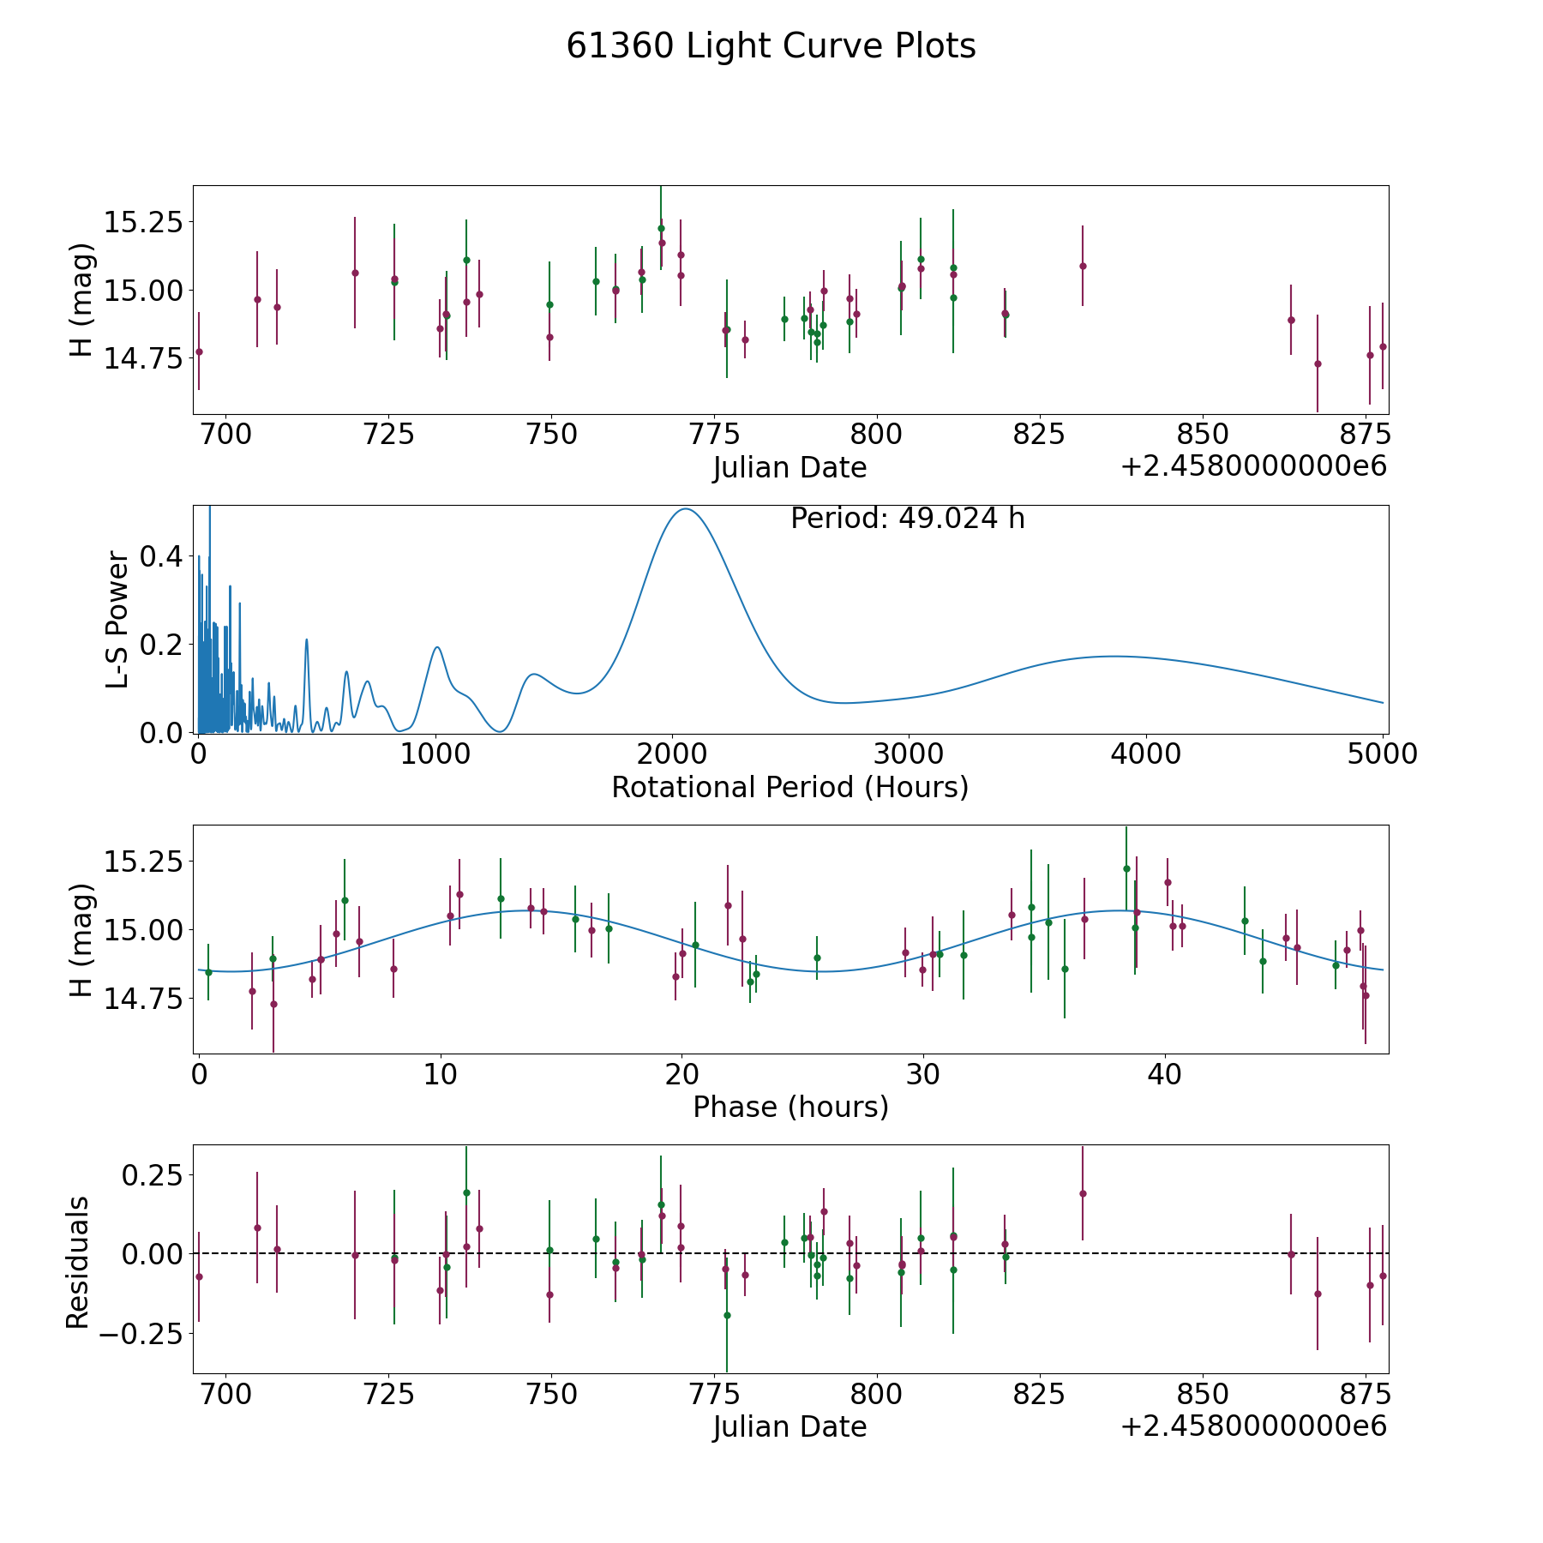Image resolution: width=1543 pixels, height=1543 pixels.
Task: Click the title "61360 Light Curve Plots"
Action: pyautogui.click(x=771, y=46)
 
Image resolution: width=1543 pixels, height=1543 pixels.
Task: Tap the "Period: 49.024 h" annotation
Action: pyautogui.click(x=907, y=519)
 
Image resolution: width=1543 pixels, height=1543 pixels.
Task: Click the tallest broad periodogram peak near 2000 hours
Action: pyautogui.click(x=686, y=509)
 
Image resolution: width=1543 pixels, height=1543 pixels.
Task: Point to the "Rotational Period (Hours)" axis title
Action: pyautogui.click(x=790, y=787)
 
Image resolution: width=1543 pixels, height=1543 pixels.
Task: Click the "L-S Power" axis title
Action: pyautogui.click(x=118, y=619)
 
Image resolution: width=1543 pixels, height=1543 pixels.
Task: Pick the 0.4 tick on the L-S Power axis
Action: pyautogui.click(x=161, y=556)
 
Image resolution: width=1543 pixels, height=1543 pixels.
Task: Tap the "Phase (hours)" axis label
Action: pyautogui.click(x=790, y=1107)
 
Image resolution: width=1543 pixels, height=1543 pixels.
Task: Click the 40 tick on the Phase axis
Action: pyautogui.click(x=1164, y=1074)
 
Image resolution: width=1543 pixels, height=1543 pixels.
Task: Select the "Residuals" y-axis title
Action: pyautogui.click(x=78, y=1262)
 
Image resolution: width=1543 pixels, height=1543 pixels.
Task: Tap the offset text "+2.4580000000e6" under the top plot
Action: pyautogui.click(x=1253, y=467)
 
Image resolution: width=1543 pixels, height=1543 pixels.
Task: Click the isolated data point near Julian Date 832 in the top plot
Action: pyautogui.click(x=1083, y=266)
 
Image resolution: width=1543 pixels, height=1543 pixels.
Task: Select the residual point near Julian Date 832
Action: pyautogui.click(x=1083, y=1193)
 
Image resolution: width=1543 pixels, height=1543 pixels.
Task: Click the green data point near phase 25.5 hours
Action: pyautogui.click(x=817, y=958)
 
